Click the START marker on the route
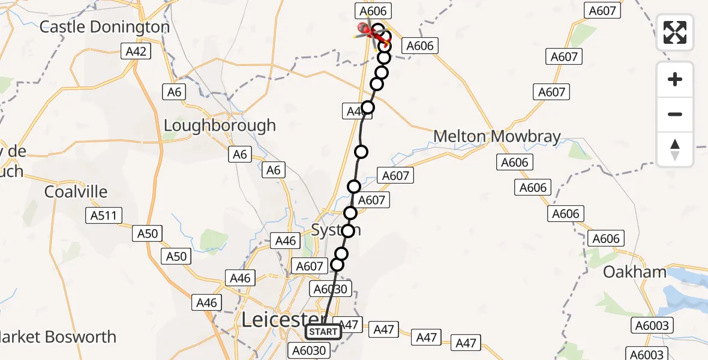pos(323,332)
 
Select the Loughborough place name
pos(220,125)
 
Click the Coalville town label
pos(76,192)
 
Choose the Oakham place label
pos(635,272)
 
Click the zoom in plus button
pos(675,79)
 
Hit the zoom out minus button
pos(675,114)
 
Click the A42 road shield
pos(136,52)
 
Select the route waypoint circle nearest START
pos(337,265)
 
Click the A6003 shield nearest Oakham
pos(652,326)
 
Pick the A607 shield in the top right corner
pos(602,10)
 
